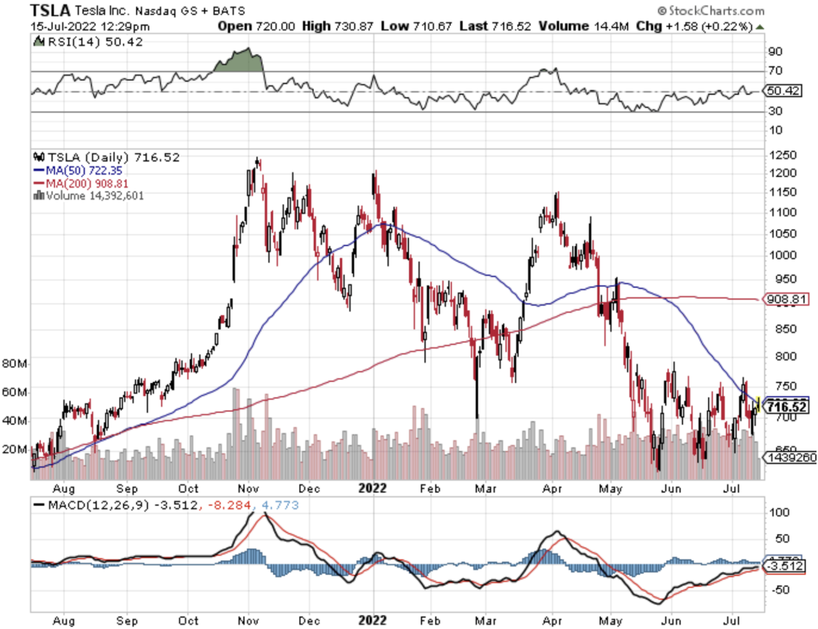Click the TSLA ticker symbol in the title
50,10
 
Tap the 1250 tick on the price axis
783,155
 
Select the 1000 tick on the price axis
783,255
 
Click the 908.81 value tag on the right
786,299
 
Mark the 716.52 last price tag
786,407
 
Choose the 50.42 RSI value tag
783,90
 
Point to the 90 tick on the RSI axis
775,51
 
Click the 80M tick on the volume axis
14,364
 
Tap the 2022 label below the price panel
372,488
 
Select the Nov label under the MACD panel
248,621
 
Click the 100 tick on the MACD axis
779,512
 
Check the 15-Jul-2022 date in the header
63,26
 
